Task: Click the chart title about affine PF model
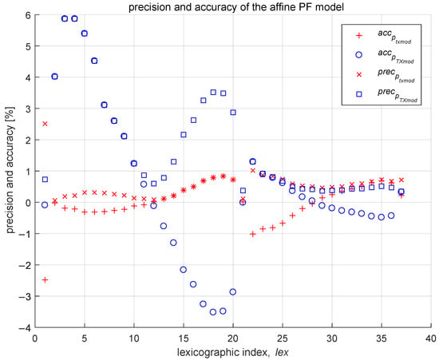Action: (x=236, y=6)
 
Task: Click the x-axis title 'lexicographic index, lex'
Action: (x=232, y=352)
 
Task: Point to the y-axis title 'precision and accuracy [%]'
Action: (x=10, y=172)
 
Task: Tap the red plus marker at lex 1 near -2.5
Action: (x=45, y=279)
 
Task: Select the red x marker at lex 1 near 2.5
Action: (x=45, y=124)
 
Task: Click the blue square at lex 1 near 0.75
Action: (x=45, y=179)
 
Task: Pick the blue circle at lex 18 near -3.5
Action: (x=213, y=312)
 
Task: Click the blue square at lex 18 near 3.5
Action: (x=213, y=92)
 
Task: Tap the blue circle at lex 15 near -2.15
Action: (x=184, y=270)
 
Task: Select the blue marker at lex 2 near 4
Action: (x=54, y=77)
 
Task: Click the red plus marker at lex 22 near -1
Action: (x=253, y=234)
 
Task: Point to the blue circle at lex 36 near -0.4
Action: (x=391, y=216)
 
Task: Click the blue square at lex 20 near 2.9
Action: (x=233, y=113)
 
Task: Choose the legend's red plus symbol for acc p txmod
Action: (x=358, y=36)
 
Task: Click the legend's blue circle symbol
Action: (x=358, y=55)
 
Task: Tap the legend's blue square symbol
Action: (x=358, y=94)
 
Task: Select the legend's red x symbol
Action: (x=358, y=74)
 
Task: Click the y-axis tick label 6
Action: (x=28, y=15)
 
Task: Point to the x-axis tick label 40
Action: (x=430, y=338)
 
